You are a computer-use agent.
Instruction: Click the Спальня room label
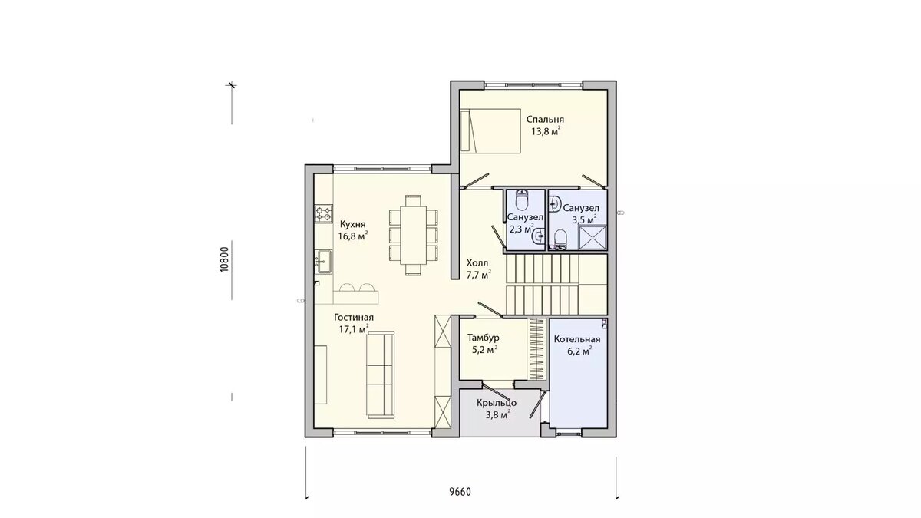pyautogui.click(x=545, y=120)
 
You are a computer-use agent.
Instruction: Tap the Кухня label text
pyautogui.click(x=352, y=224)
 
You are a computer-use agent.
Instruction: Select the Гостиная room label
pyautogui.click(x=354, y=318)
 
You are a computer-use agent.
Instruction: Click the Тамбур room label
pyautogui.click(x=483, y=338)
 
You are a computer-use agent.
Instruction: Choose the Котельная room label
pyautogui.click(x=577, y=339)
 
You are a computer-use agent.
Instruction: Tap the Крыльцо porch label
pyautogui.click(x=497, y=403)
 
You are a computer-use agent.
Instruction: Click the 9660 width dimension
pyautogui.click(x=460, y=492)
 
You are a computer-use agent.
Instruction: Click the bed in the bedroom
pyautogui.click(x=490, y=130)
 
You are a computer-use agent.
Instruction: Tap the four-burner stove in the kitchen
pyautogui.click(x=324, y=214)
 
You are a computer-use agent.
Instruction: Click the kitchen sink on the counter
pyautogui.click(x=324, y=262)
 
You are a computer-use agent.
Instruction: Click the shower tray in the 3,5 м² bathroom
pyautogui.click(x=593, y=237)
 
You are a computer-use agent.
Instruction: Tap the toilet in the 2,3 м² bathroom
pyautogui.click(x=522, y=200)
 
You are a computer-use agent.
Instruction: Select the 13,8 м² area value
pyautogui.click(x=546, y=131)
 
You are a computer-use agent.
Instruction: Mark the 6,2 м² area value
pyautogui.click(x=579, y=351)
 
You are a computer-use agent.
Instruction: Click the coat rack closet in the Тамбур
pyautogui.click(x=537, y=349)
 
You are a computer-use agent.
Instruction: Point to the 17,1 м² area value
pyautogui.click(x=354, y=329)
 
